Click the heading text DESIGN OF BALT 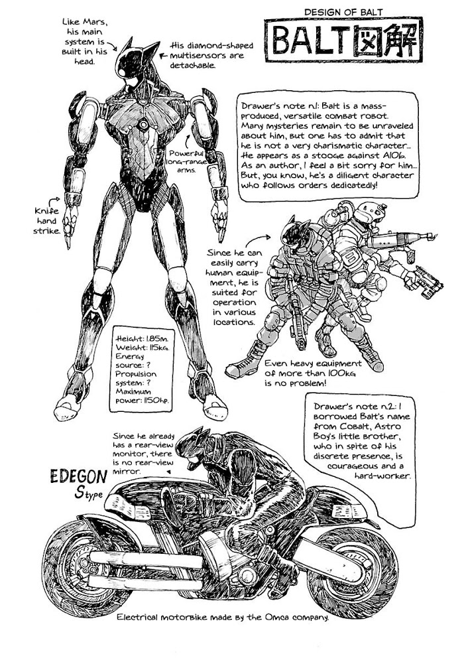coord(343,12)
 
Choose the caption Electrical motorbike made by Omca coord(223,617)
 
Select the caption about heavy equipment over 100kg coord(313,373)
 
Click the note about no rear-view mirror coord(143,454)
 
